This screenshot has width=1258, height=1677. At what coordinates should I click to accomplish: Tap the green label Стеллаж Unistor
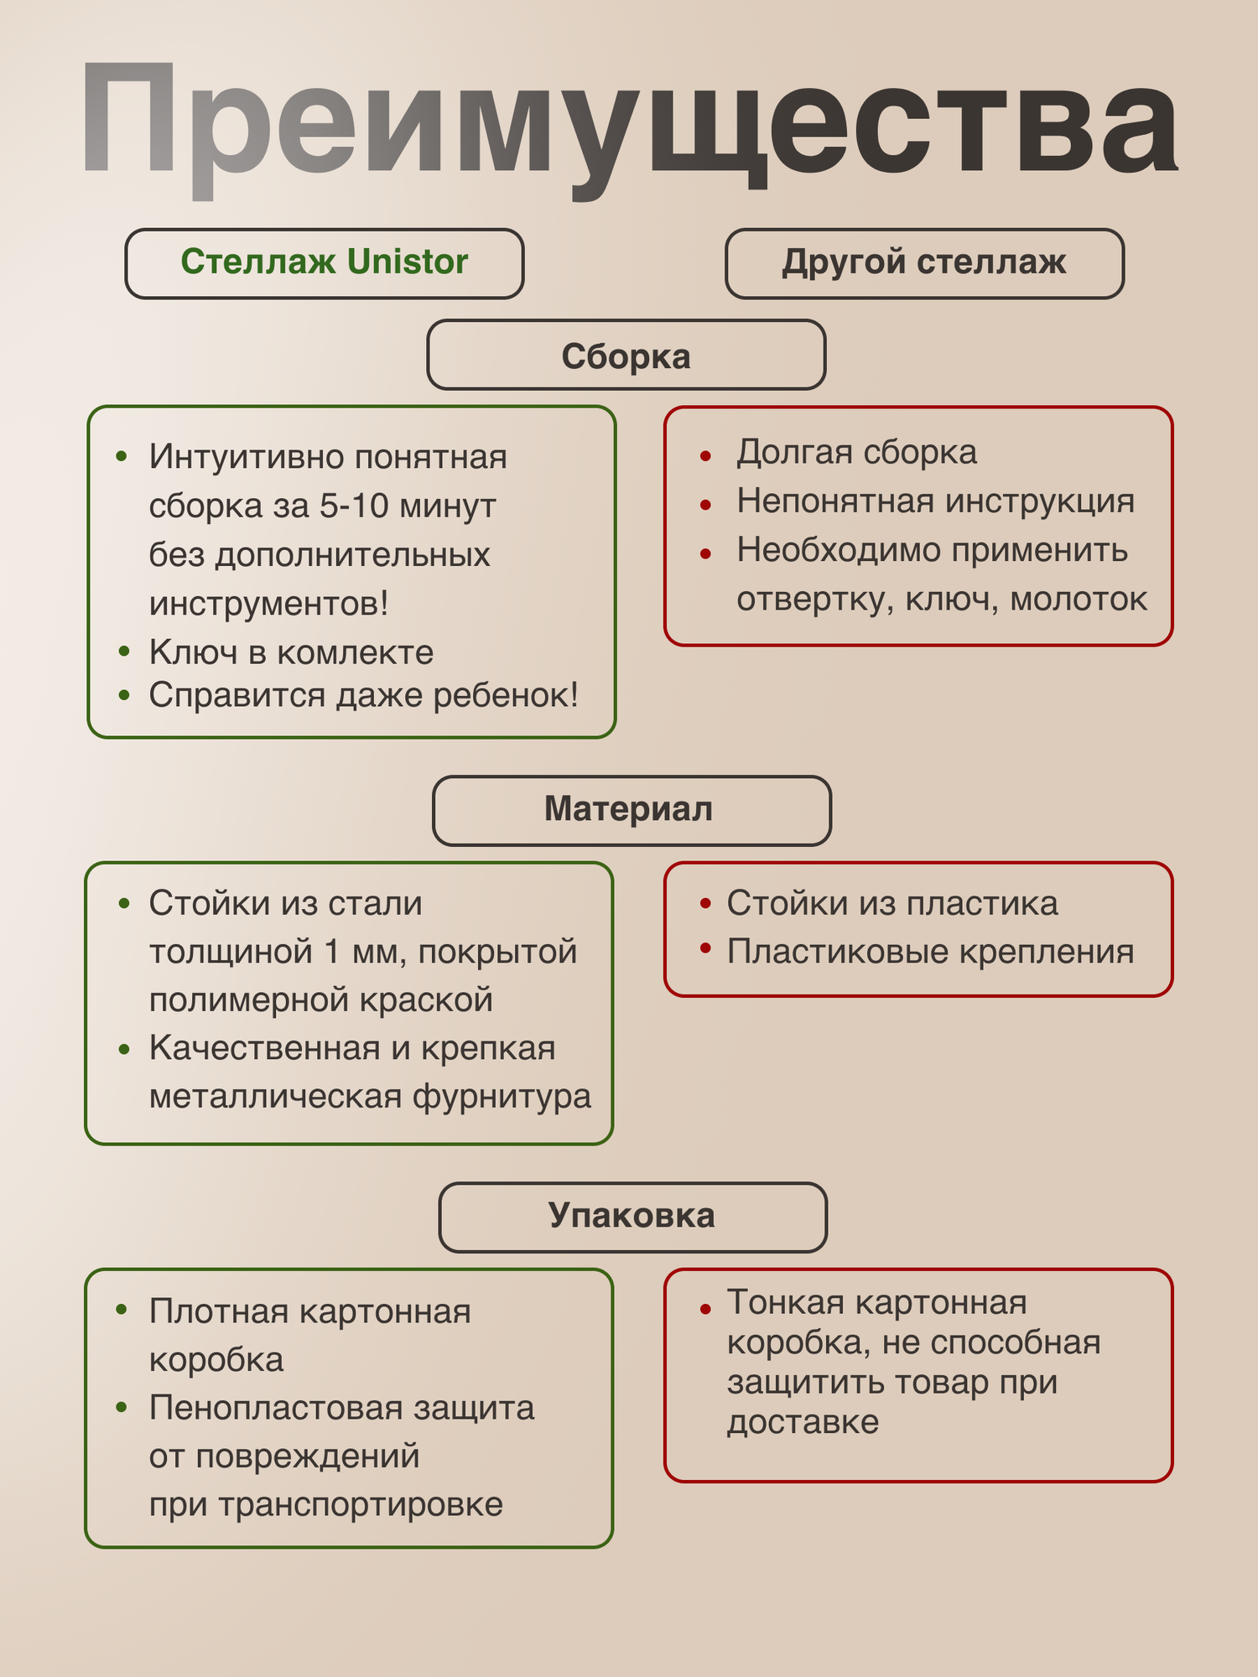coord(325,262)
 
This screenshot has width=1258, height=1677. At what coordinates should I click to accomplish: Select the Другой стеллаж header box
coord(924,262)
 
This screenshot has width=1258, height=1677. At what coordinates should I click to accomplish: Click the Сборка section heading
coord(626,356)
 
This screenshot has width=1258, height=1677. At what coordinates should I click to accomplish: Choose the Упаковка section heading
coord(632,1216)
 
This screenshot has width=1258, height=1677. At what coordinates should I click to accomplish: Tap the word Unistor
coord(408,262)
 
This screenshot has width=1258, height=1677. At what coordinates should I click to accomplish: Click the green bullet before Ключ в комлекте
coord(124,652)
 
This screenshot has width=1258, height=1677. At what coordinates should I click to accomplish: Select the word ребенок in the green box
coord(504,695)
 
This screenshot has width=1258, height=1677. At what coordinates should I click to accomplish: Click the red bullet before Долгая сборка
coord(705,456)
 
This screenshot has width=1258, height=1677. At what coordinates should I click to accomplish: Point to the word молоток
coord(1079,600)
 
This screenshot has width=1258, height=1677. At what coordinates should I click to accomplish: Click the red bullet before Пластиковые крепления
coord(705,948)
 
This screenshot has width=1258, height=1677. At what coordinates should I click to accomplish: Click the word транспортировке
coord(361,1504)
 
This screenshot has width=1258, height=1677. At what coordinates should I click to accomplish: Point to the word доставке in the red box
coord(803,1422)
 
